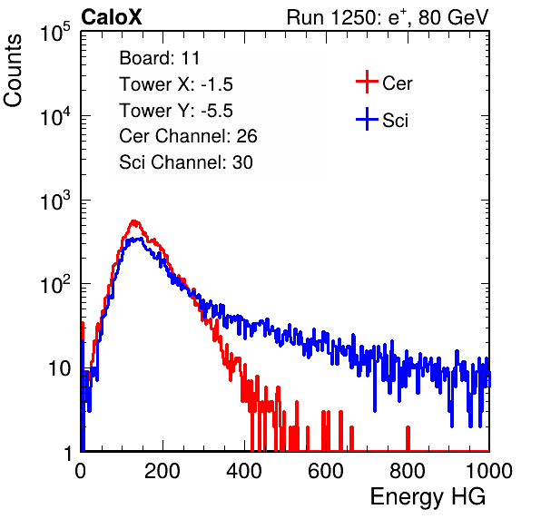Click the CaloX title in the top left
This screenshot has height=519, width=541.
(112, 17)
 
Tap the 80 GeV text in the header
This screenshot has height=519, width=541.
(453, 17)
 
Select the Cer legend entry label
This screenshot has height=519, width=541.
(397, 83)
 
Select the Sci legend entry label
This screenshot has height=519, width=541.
(395, 121)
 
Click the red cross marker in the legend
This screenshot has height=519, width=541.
(367, 82)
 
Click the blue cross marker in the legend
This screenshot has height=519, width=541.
(367, 119)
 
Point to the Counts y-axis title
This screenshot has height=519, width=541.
(13, 71)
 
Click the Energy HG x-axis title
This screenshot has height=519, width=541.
(428, 497)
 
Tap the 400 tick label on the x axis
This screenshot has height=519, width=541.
(244, 471)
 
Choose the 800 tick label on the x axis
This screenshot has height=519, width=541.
(408, 471)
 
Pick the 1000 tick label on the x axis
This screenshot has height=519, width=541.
(489, 471)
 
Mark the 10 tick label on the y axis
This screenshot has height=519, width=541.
(59, 368)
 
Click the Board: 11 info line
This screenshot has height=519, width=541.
(160, 58)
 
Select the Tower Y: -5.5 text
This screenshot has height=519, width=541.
(176, 111)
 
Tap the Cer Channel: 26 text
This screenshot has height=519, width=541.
(188, 136)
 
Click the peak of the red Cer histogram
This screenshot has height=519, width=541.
(134, 221)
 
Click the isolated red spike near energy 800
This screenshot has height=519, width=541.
(408, 438)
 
